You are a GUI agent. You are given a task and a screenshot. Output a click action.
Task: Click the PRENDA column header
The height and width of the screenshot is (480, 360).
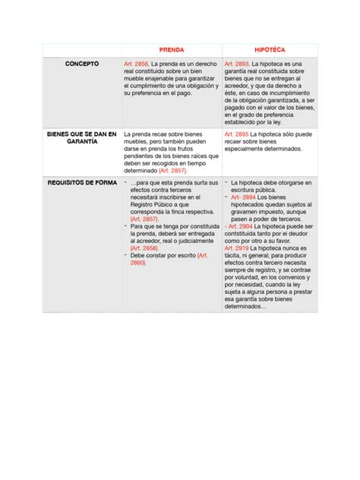pos(171,49)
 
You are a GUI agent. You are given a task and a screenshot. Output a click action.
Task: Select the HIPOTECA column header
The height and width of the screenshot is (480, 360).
pos(270,49)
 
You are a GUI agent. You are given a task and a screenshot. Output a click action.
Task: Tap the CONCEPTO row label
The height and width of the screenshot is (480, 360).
pos(81,64)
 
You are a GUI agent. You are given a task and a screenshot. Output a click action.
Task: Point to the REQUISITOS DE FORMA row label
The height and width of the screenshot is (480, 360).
pos(81,183)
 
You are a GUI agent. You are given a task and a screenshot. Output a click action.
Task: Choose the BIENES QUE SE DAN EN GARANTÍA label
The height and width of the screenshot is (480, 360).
pos(81,138)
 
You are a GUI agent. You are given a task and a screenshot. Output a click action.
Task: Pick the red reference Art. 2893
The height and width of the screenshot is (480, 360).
pos(238,65)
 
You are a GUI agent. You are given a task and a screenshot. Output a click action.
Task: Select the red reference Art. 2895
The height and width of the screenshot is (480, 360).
pos(238,134)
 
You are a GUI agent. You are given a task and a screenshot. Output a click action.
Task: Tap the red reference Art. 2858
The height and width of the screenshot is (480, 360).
pos(144,248)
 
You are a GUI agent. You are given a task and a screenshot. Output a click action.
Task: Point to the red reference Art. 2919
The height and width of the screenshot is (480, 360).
pos(238,248)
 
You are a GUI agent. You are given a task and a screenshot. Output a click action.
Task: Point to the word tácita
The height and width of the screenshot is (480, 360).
pos(233,255)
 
